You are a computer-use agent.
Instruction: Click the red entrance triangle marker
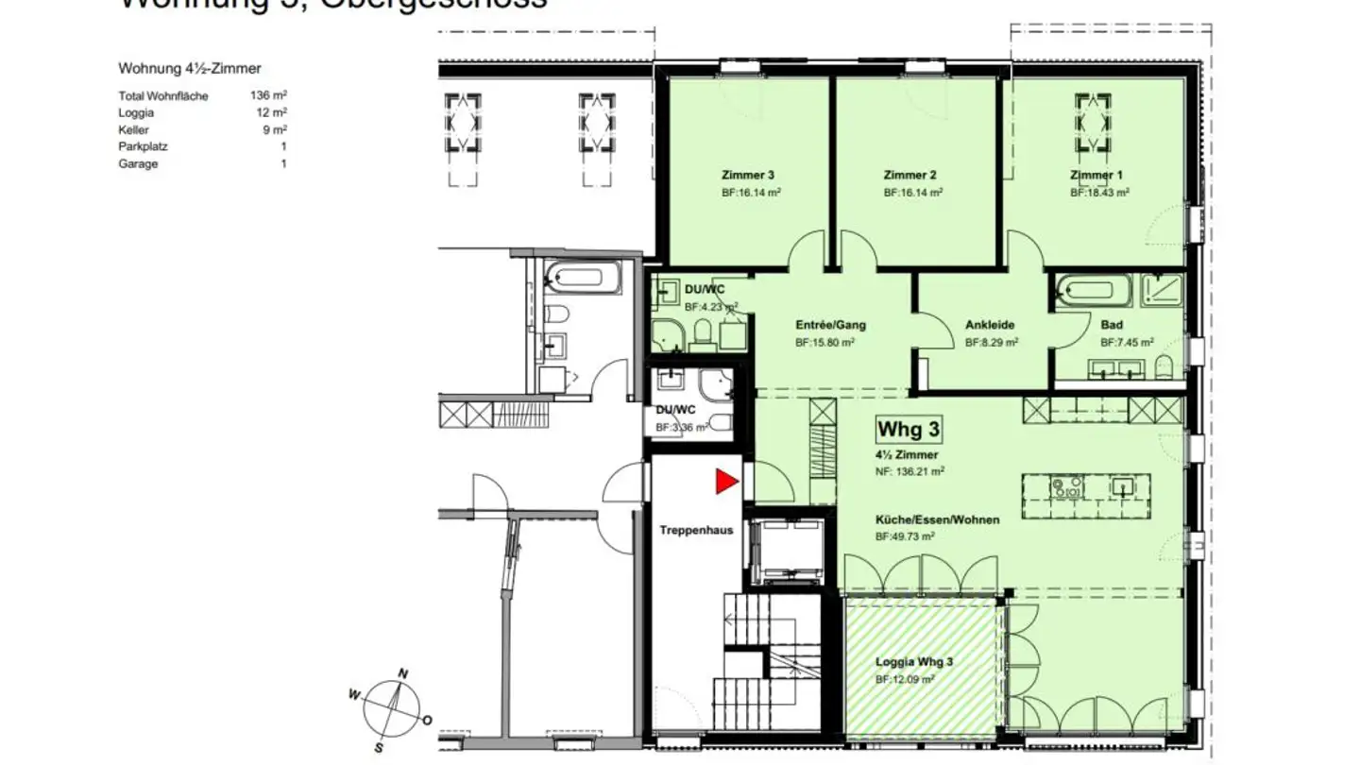(724, 482)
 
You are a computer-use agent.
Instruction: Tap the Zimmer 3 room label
(748, 175)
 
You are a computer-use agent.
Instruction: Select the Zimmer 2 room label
(909, 175)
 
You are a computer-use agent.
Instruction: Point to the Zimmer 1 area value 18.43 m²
(1099, 192)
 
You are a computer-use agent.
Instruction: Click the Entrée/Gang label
(830, 325)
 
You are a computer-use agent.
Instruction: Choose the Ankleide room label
(989, 325)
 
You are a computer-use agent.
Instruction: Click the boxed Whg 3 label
(909, 429)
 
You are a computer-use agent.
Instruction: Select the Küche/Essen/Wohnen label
(937, 519)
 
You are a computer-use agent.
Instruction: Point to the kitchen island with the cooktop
(1085, 487)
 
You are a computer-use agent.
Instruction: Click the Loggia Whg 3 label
(913, 662)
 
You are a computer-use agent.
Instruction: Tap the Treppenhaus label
(696, 531)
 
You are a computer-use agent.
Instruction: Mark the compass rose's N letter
(402, 673)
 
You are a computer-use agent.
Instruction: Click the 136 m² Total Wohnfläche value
(268, 96)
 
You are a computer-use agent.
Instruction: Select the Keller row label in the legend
(133, 130)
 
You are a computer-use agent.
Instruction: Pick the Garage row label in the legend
(138, 164)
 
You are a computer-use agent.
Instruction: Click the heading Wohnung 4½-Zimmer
(189, 69)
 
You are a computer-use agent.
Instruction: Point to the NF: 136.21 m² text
(910, 470)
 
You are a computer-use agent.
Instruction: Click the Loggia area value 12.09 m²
(905, 679)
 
